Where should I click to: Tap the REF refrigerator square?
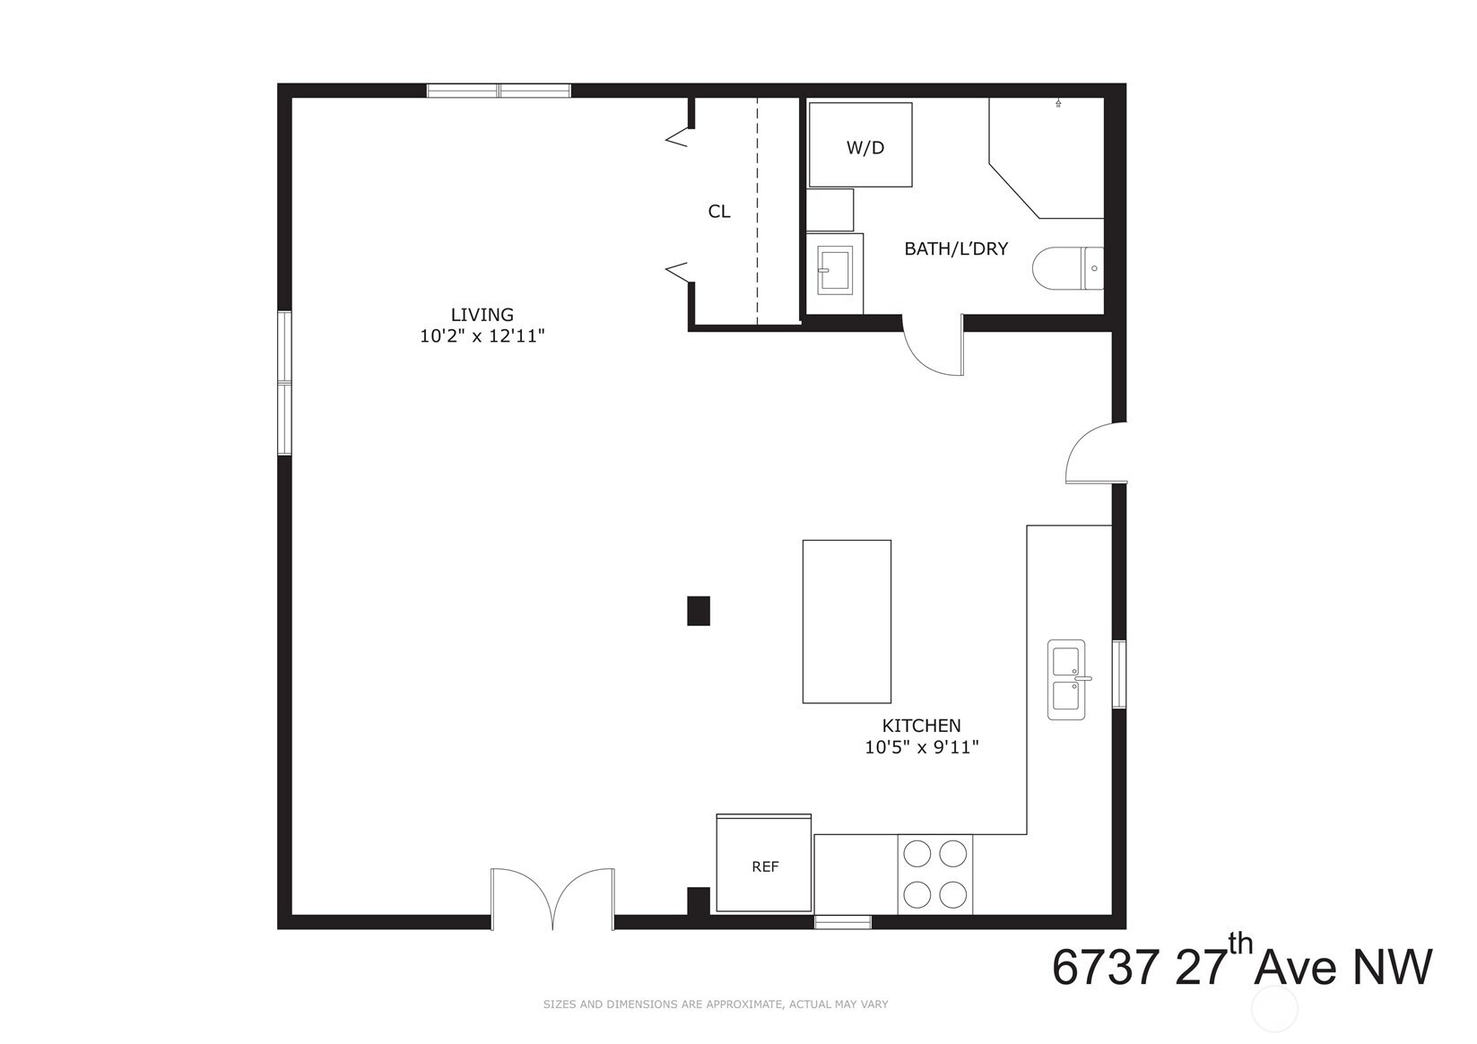[x=763, y=864]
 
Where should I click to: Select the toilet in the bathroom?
[x=1067, y=268]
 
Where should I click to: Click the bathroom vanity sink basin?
[x=836, y=270]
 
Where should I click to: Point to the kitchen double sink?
[x=1066, y=679]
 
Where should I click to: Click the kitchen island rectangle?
[x=847, y=622]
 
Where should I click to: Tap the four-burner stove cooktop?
[x=935, y=874]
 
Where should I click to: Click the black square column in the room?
[x=699, y=611]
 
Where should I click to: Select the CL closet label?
[x=718, y=211]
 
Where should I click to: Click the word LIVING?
[x=482, y=315]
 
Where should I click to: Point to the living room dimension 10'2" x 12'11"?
[x=482, y=336]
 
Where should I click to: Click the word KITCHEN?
[x=921, y=726]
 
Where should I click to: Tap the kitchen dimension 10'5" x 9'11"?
[x=922, y=747]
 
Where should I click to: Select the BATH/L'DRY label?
[x=956, y=248]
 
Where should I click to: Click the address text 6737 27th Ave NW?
[x=1242, y=962]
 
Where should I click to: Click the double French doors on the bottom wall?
[x=552, y=899]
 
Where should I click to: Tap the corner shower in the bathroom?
[x=1047, y=158]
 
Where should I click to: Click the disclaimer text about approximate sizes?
[x=716, y=1005]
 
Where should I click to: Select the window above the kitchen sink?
[x=1119, y=674]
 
